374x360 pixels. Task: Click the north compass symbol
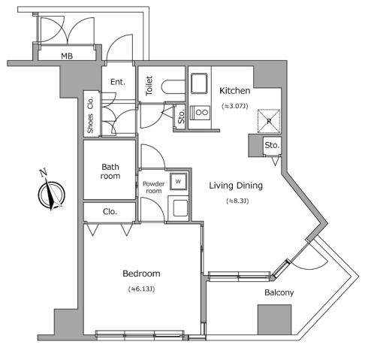point(48,191)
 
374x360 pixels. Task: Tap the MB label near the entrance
point(67,55)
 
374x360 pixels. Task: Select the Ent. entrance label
point(119,82)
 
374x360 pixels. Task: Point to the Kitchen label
point(234,91)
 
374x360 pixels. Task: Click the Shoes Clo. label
point(91,113)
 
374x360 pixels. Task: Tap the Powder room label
point(153,187)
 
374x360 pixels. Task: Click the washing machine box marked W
point(179,181)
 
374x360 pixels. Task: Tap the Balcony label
point(278,292)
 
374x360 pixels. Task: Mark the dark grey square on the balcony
point(274,319)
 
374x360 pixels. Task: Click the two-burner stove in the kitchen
point(201,113)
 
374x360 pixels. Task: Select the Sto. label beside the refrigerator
point(271,145)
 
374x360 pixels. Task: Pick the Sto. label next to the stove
point(181,116)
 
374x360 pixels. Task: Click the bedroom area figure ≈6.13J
point(141,289)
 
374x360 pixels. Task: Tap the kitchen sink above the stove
point(201,84)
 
